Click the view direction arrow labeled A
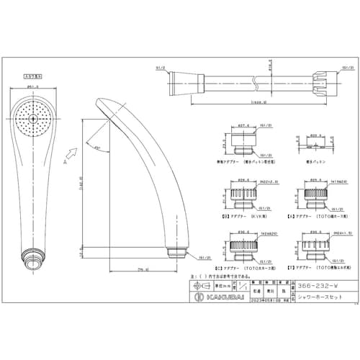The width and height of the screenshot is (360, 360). point(71,153)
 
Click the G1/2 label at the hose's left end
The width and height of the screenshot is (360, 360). point(159,68)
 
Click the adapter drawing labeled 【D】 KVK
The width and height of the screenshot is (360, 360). point(242,197)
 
